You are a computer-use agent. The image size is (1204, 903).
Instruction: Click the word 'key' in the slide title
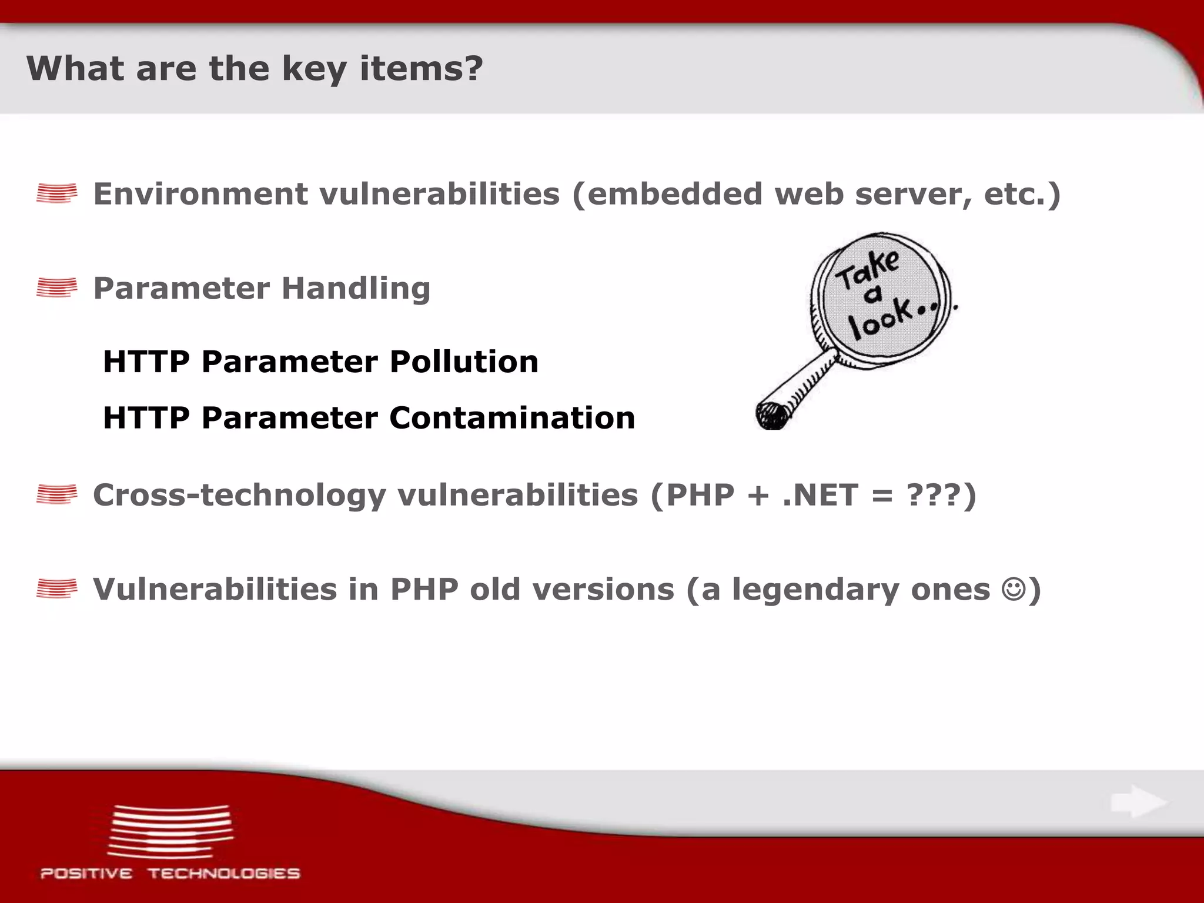pos(314,69)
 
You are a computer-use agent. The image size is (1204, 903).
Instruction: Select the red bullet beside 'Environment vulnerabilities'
pos(56,193)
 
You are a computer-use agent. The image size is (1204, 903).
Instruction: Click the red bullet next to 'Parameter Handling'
pos(56,288)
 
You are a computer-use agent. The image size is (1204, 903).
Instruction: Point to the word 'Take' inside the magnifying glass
pos(867,269)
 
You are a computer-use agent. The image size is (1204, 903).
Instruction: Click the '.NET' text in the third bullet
pos(820,495)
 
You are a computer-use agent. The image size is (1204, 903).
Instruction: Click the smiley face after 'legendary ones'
pos(1014,589)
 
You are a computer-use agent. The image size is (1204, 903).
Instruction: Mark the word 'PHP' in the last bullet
pos(424,589)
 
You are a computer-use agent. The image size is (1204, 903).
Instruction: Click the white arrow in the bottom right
pos(1138,802)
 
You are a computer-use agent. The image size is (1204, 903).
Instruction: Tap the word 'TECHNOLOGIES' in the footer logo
pos(223,874)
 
